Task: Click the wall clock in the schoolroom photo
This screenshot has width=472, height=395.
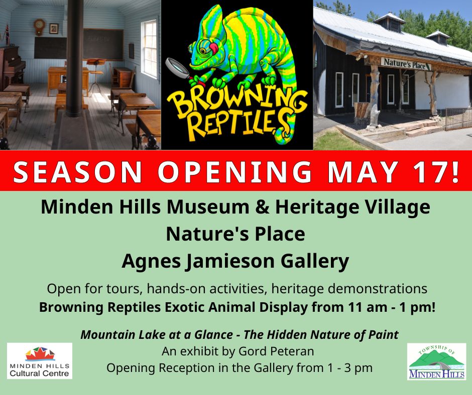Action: point(39,27)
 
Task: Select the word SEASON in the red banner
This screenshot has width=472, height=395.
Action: point(77,171)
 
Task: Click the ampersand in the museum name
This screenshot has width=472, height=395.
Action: point(262,207)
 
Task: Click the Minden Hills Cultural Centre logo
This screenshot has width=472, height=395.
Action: point(40,361)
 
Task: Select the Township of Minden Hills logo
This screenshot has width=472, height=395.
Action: point(436,361)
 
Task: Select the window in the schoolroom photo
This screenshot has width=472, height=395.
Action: point(149,49)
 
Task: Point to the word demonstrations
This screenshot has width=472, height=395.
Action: point(378,289)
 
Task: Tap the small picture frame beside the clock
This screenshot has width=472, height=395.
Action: point(54,29)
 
